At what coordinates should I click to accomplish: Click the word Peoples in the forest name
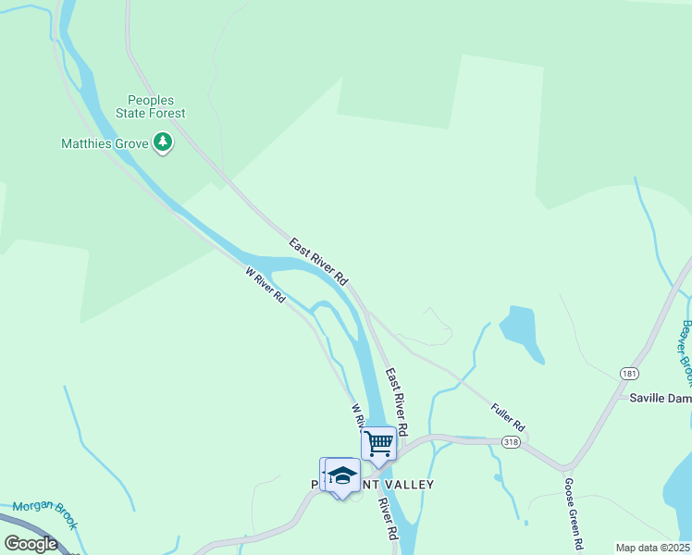(x=151, y=100)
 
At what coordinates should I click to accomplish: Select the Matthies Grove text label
(x=104, y=143)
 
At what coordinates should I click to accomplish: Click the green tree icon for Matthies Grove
(x=164, y=142)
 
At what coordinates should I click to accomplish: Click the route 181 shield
(x=629, y=373)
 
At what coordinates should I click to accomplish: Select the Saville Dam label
(x=660, y=398)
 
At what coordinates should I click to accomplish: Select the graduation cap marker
(x=342, y=475)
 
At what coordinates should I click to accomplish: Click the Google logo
(x=31, y=544)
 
